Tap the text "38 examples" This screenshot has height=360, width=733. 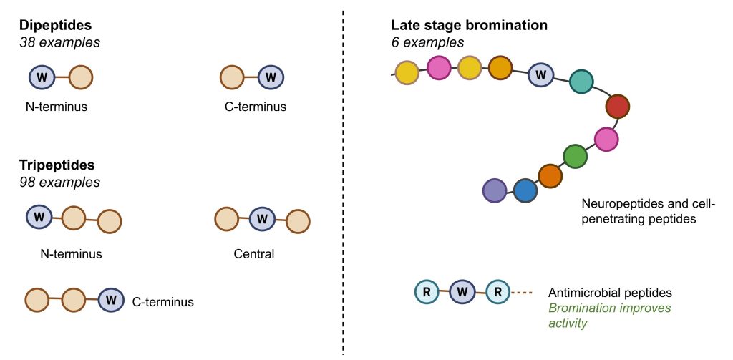pyautogui.click(x=59, y=42)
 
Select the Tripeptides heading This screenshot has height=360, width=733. pyautogui.click(x=57, y=165)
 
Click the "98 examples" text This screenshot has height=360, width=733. pyautogui.click(x=59, y=182)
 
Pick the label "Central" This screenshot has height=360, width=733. pyautogui.click(x=254, y=253)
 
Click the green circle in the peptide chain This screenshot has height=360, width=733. pyautogui.click(x=575, y=155)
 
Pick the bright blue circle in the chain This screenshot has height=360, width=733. pyautogui.click(x=525, y=190)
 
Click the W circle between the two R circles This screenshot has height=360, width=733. pyautogui.click(x=462, y=292)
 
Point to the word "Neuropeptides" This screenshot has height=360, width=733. pyautogui.click(x=618, y=204)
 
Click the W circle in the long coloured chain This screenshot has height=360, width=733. pyautogui.click(x=541, y=74)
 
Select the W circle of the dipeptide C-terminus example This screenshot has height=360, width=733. pyautogui.click(x=271, y=77)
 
